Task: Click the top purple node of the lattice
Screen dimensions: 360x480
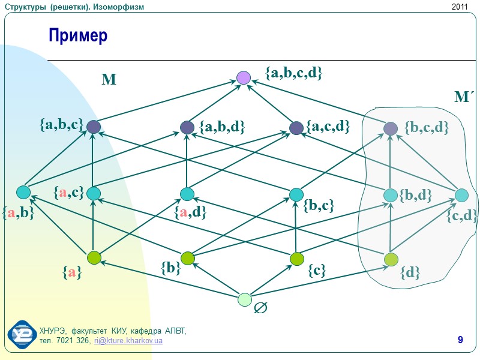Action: tap(243, 77)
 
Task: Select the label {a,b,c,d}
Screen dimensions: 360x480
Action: tap(294, 73)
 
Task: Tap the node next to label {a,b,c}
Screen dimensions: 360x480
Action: tap(93, 127)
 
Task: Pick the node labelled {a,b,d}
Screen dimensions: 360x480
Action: tap(187, 127)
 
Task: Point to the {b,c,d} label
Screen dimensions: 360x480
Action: tap(427, 127)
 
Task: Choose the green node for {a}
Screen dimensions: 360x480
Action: tap(93, 258)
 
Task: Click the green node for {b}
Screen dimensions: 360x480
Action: tap(187, 259)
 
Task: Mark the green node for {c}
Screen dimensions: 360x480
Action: tap(296, 259)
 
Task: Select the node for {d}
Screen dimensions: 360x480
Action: tap(391, 259)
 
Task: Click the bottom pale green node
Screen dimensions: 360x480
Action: tap(244, 299)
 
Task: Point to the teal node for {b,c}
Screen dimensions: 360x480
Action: tap(296, 194)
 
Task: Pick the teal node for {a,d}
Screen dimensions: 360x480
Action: tap(187, 194)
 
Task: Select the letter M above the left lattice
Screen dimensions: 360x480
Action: tap(109, 80)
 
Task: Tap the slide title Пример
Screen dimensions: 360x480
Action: tap(78, 36)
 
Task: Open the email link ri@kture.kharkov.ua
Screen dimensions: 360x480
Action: tap(128, 341)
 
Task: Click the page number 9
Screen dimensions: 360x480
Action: tap(460, 341)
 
